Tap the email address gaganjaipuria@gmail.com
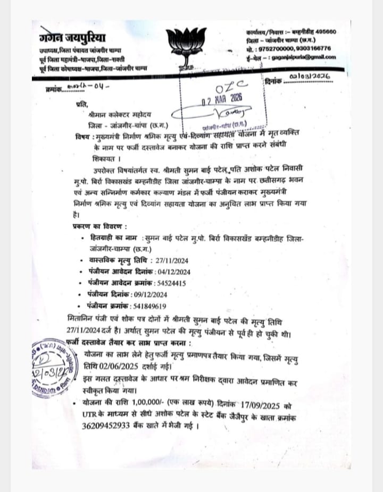point(309,57)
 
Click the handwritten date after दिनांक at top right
point(311,78)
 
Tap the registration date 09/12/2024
point(149,294)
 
